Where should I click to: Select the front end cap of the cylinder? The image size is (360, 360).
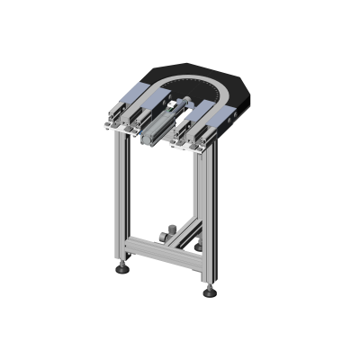tap(148, 136)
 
